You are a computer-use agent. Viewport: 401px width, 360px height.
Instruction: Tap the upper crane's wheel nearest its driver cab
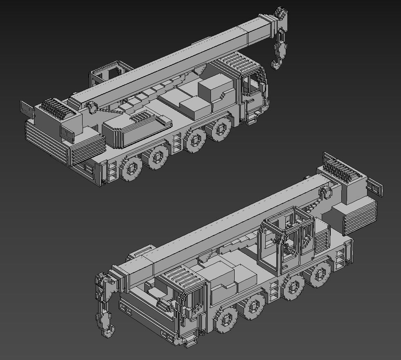point(221,129)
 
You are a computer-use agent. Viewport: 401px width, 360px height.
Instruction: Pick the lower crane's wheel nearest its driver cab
point(226,319)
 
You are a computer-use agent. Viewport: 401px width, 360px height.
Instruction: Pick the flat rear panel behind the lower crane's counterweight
point(374,186)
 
